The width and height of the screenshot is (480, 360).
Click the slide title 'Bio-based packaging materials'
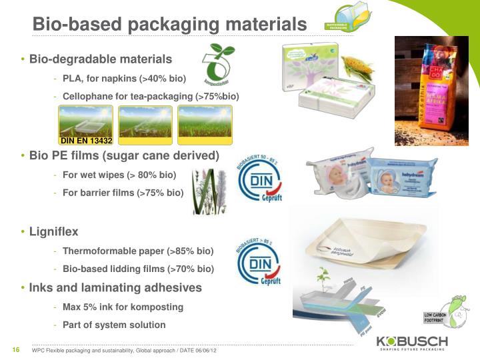click(169, 24)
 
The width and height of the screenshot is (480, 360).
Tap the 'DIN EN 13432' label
click(86, 141)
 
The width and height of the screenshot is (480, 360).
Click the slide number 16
click(14, 351)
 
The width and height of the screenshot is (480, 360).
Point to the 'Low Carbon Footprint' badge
click(437, 317)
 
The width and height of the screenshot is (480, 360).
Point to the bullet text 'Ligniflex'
click(53, 232)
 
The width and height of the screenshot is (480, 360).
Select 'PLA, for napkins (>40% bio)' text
click(119, 78)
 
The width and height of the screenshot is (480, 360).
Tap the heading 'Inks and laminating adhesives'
click(115, 288)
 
